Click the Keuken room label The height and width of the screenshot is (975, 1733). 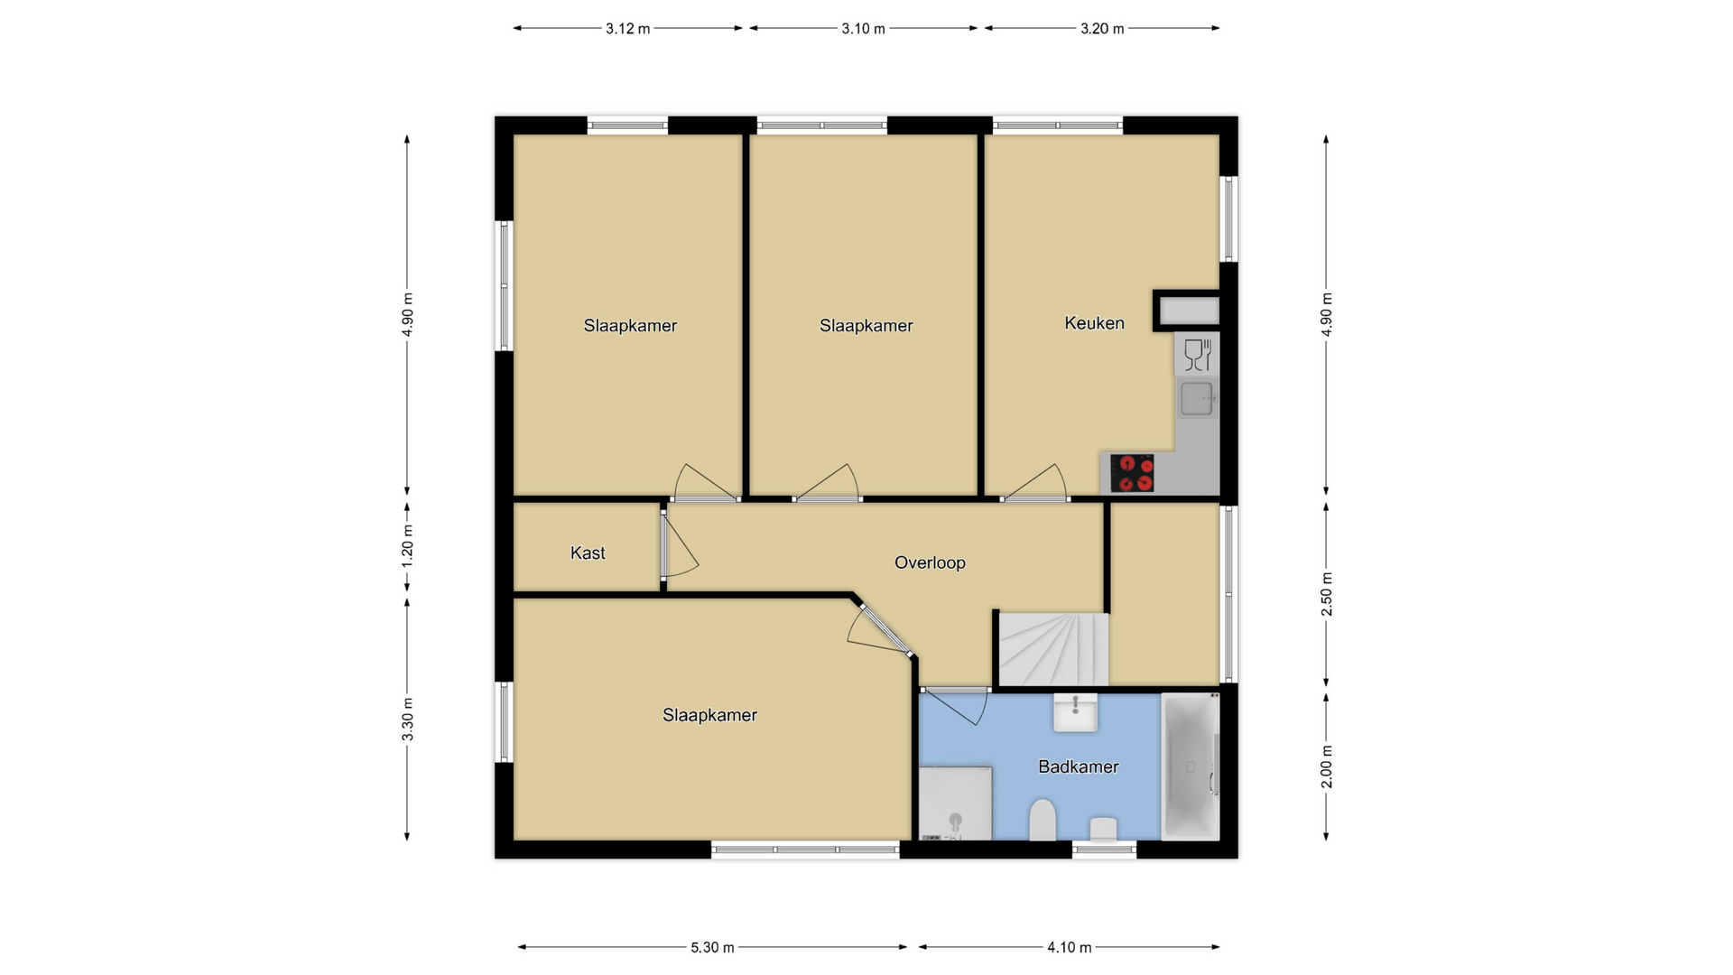click(1094, 323)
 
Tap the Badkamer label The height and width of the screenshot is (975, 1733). click(1078, 766)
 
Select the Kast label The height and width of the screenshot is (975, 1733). click(588, 553)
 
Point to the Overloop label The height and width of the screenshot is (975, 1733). click(930, 562)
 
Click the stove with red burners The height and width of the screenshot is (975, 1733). click(1132, 473)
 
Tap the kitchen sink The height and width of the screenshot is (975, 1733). click(1197, 398)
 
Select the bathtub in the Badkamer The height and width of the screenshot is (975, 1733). click(1191, 766)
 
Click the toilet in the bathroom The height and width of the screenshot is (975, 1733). click(1043, 819)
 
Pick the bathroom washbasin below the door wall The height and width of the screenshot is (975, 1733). click(1076, 711)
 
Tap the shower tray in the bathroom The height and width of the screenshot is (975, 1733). click(955, 803)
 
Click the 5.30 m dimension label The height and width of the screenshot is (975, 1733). click(712, 947)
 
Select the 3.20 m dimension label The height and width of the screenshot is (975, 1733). click(1102, 29)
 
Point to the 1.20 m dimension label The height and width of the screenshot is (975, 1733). click(407, 546)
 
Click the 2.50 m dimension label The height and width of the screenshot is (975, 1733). click(1326, 594)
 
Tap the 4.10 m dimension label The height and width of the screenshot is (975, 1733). click(1070, 947)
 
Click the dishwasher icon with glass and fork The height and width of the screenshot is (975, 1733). click(1197, 354)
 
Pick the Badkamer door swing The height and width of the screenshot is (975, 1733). click(955, 707)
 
